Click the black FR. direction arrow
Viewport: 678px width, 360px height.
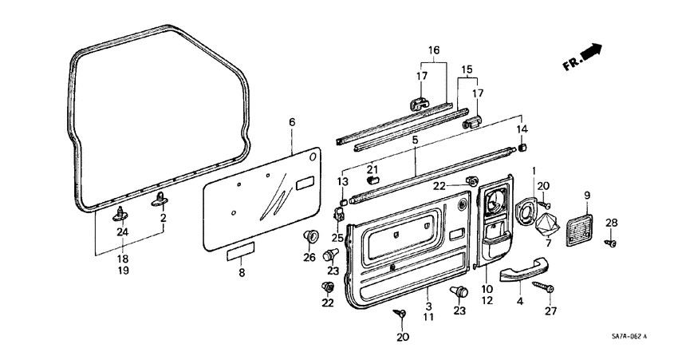(x=590, y=53)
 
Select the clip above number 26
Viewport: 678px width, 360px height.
(x=310, y=236)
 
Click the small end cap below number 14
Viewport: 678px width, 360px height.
(x=523, y=146)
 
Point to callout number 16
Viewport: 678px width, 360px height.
(x=433, y=49)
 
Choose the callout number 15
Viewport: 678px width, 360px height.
(x=467, y=70)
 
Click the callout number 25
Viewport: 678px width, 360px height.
(x=337, y=239)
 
